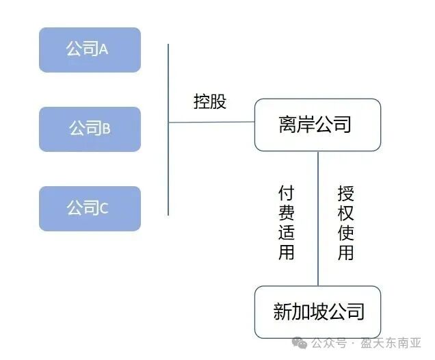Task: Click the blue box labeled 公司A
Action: pos(90,50)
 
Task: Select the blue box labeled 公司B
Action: pos(90,129)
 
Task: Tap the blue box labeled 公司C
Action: pos(90,208)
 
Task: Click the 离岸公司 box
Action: pos(317,125)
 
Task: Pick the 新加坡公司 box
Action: pos(317,312)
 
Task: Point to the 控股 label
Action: pos(210,102)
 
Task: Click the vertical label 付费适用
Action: pos(287,222)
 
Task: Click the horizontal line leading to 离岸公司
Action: pos(211,123)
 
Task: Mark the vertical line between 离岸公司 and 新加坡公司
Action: pos(318,219)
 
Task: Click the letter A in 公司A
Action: pos(105,50)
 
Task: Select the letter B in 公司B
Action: pos(107,129)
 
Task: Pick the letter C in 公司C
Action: pos(104,209)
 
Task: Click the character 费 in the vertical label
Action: pos(287,211)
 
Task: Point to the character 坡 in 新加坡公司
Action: pos(318,312)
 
